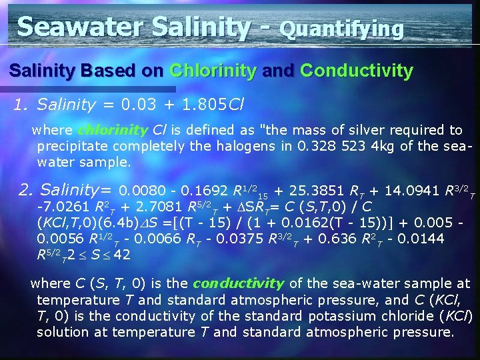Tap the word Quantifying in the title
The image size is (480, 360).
tap(342, 29)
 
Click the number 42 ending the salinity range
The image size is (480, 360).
tap(122, 254)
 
